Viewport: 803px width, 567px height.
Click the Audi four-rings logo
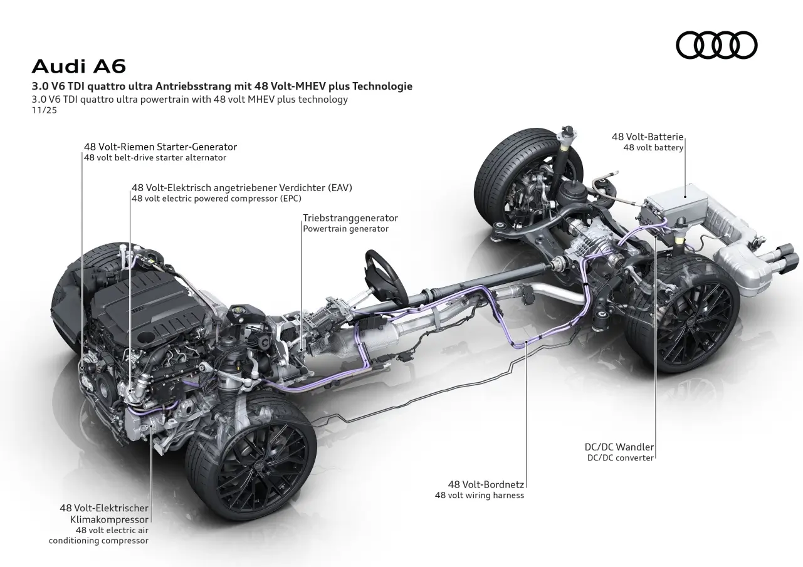(716, 45)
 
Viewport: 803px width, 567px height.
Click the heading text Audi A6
(78, 66)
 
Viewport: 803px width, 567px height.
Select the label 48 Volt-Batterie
(648, 137)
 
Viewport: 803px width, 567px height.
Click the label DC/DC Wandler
(619, 447)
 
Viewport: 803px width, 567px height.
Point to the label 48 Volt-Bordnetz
(486, 484)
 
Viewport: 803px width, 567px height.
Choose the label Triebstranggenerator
(350, 218)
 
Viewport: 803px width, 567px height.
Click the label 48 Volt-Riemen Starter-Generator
(160, 147)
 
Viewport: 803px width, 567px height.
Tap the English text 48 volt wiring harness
(480, 495)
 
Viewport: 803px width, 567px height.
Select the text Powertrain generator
(345, 229)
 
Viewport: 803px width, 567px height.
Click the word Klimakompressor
(113, 519)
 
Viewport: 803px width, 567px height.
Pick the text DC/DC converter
(621, 457)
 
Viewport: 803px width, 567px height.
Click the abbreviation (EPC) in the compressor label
(289, 198)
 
